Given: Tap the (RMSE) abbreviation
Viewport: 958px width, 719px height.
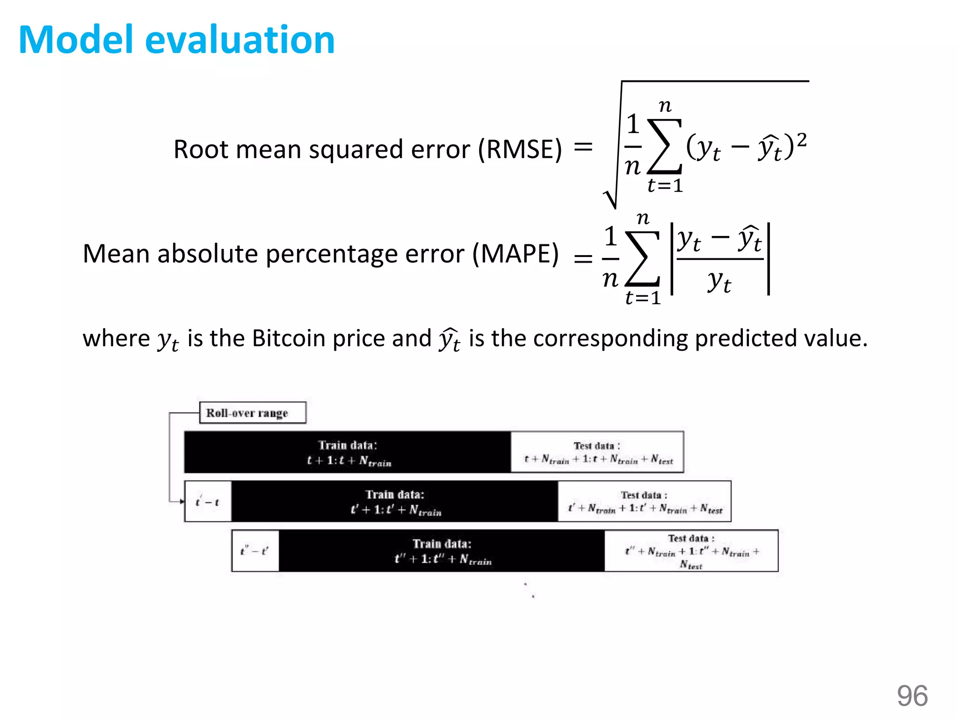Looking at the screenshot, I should click(x=519, y=150).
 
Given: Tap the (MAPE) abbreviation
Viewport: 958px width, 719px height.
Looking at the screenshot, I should click(x=515, y=254).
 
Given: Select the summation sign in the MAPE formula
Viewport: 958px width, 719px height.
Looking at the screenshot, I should click(x=643, y=259).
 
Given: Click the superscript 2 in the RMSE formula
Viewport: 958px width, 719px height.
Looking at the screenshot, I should click(x=801, y=139).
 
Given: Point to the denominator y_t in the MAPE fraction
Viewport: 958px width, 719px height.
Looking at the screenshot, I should click(x=719, y=281).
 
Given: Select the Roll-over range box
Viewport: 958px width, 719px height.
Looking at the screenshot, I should click(x=253, y=413).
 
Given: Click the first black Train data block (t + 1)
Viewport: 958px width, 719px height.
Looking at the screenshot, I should click(x=348, y=452).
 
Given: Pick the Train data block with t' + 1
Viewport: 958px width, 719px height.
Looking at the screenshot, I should click(x=395, y=502).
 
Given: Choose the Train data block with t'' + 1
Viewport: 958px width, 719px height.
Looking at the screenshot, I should click(x=442, y=551).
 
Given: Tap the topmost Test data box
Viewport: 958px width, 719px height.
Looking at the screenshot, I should click(x=597, y=452).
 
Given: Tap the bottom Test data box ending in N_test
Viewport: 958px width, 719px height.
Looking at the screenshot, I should click(x=691, y=551).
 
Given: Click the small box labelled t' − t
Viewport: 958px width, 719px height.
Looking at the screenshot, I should click(x=208, y=502).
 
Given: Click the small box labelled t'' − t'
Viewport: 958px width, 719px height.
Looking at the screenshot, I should click(x=255, y=551).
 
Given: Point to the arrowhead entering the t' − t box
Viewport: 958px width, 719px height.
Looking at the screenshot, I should click(x=182, y=502).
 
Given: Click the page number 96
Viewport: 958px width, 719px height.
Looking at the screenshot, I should click(x=912, y=696).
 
